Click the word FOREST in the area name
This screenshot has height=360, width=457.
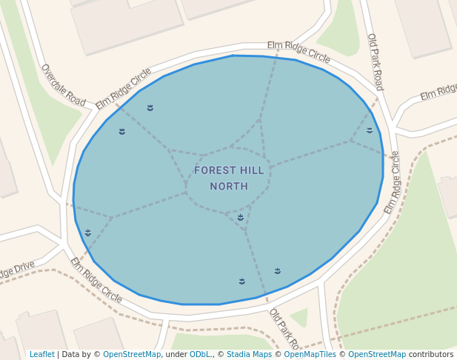(213, 170)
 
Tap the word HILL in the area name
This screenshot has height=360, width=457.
(251, 170)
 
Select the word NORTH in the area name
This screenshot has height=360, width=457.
(229, 187)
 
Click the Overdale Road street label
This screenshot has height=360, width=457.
(63, 84)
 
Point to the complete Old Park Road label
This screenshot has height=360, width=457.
(376, 61)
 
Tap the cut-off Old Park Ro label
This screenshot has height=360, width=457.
(284, 329)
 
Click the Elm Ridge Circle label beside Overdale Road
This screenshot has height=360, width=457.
(124, 88)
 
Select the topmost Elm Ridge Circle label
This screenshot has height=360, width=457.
(298, 50)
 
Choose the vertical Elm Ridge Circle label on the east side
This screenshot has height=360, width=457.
(392, 182)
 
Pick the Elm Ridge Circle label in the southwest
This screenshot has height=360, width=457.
(96, 279)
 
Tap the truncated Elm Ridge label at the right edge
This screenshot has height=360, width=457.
(438, 92)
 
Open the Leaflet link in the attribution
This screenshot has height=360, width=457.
(41, 354)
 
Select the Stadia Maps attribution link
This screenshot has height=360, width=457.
(249, 354)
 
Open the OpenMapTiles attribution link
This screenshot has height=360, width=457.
(310, 354)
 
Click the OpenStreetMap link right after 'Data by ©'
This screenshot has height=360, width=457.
(132, 354)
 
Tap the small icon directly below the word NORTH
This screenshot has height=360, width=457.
(241, 217)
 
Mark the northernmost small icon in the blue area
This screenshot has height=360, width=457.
(150, 108)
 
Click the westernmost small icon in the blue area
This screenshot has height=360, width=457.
(88, 233)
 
